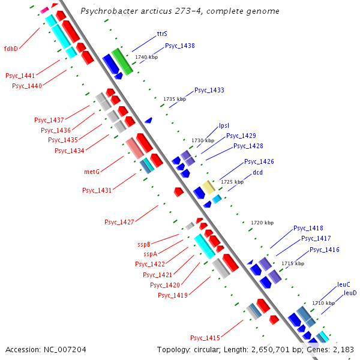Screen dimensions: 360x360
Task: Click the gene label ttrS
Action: pos(162,34)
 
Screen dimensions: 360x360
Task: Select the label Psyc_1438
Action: pos(180,46)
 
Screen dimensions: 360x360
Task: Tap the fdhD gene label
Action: pos(11,49)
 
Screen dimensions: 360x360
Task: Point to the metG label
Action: pos(92,172)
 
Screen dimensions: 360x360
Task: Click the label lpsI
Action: pos(224,125)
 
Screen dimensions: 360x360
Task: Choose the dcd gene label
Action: pos(257,172)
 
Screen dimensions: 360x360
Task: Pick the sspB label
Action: pos(144,244)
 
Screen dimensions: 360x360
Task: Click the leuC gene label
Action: pos(343,284)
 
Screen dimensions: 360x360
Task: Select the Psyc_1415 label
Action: pos(205,338)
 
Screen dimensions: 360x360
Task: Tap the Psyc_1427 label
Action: pos(119,222)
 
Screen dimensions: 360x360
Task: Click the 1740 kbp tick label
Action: pos(146,57)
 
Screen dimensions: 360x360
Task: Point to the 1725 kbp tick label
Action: pos(232,182)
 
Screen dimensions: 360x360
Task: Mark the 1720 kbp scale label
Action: pos(262,223)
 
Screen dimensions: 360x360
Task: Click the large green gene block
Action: pos(122,62)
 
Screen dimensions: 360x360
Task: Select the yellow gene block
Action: pos(208,187)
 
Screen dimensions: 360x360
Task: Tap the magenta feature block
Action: pos(44,10)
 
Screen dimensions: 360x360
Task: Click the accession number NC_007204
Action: pos(65,350)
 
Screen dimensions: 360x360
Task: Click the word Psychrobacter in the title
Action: pos(110,11)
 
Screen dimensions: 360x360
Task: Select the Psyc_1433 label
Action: pos(209,90)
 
